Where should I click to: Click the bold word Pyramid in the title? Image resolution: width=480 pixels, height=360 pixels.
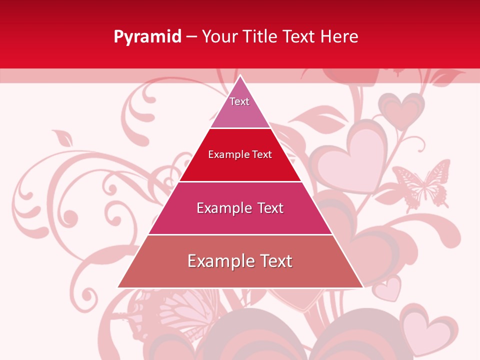coord(147,37)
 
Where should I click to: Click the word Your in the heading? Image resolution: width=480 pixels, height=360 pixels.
coord(220,37)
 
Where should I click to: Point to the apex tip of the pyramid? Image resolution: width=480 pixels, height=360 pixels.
coord(240,76)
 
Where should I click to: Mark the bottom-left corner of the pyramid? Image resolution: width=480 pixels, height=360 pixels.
coord(118,287)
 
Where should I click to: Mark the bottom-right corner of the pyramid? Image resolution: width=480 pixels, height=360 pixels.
coord(362,287)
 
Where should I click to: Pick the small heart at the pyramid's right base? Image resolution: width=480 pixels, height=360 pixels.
coord(388,289)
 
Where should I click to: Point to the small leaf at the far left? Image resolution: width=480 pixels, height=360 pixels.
coord(62,137)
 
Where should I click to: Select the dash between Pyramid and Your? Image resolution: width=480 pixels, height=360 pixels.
coord(191,37)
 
